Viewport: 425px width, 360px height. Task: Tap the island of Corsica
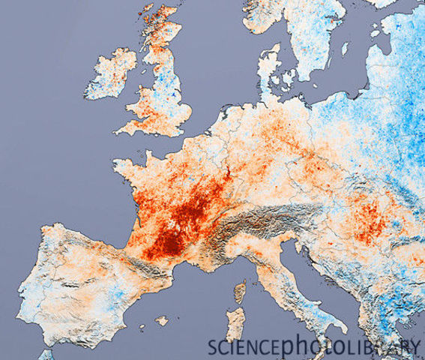tap(240, 292)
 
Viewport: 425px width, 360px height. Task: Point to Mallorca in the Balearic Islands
tap(162, 320)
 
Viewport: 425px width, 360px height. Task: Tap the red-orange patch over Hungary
tap(367, 221)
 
